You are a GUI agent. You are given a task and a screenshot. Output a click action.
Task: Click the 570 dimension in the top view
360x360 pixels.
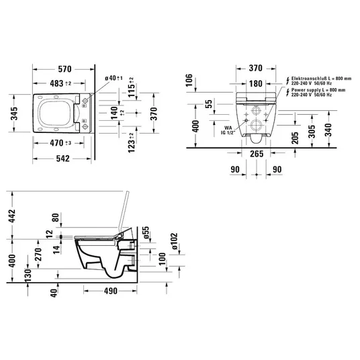(64, 69)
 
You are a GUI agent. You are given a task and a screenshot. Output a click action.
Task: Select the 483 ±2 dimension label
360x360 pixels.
(60, 83)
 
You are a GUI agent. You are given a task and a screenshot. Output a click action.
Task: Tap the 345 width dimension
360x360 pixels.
(14, 114)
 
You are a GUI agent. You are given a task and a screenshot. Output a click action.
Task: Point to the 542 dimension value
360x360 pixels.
(62, 159)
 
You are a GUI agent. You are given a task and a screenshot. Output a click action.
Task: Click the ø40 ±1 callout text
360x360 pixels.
(114, 78)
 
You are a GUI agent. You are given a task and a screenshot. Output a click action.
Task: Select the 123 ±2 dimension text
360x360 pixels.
(132, 142)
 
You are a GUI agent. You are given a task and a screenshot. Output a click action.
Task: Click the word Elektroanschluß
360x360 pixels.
(305, 79)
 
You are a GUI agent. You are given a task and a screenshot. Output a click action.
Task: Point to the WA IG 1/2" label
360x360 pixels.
(228, 130)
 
